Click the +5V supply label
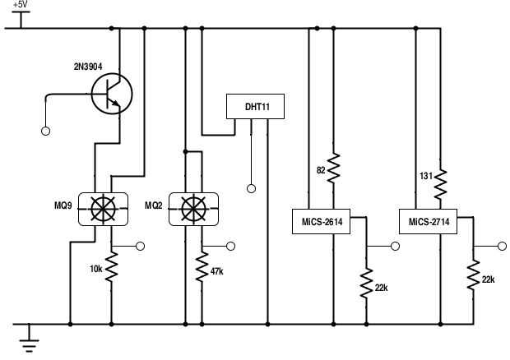[x=19, y=5]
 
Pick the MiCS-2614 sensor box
[x=322, y=220]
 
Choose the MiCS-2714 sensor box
[x=429, y=220]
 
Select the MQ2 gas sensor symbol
[x=192, y=209]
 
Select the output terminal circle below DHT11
[x=251, y=188]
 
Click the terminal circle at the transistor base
[x=45, y=130]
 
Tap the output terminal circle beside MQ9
[x=140, y=246]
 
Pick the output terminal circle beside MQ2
[x=230, y=246]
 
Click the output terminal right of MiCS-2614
[x=395, y=246]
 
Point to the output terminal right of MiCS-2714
[x=501, y=246]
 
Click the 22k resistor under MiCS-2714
[x=474, y=275]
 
